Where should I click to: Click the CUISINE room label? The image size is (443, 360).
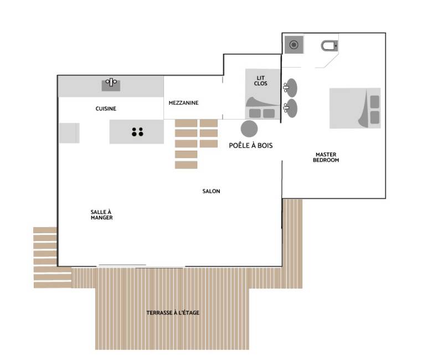tap(106, 109)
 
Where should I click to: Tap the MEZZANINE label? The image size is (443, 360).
tap(183, 103)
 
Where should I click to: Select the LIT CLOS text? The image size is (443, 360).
tap(260, 80)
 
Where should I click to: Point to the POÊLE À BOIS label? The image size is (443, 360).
tap(251, 146)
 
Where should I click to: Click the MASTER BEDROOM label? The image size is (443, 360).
tap(326, 157)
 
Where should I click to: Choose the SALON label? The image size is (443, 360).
tap(211, 191)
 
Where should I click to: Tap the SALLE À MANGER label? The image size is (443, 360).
tap(101, 215)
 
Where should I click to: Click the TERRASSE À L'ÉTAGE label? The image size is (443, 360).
tap(173, 313)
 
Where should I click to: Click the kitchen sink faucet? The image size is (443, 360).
tap(111, 82)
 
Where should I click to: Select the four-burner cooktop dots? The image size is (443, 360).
tap(137, 132)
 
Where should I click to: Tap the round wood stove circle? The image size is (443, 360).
tap(249, 129)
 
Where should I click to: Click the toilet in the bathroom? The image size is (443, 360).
tap(329, 46)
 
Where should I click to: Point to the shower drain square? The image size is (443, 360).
tap(294, 45)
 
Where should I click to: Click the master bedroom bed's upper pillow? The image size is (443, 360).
tap(375, 102)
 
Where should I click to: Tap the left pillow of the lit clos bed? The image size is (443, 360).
tap(255, 114)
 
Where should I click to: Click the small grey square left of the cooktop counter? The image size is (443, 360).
tap(69, 133)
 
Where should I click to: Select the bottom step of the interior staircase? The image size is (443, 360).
tap(186, 164)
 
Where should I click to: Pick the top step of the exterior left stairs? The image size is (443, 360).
tap(45, 230)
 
